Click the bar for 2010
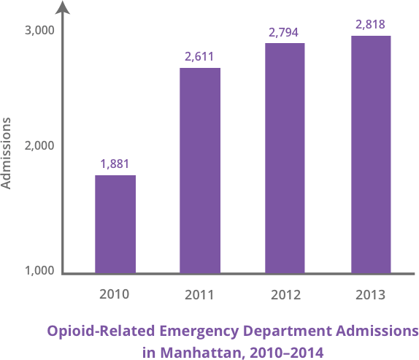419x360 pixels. click(x=115, y=224)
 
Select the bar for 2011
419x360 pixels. click(x=199, y=171)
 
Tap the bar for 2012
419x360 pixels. click(x=285, y=158)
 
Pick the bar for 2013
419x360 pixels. click(x=371, y=155)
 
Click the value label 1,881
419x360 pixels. click(x=115, y=164)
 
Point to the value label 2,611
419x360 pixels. click(x=199, y=56)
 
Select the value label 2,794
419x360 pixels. click(x=284, y=32)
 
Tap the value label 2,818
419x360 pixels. click(x=370, y=25)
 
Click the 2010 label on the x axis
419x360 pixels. click(x=115, y=294)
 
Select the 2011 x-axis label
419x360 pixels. click(x=199, y=295)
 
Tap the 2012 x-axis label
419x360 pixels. click(x=285, y=295)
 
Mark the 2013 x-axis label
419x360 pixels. click(x=371, y=295)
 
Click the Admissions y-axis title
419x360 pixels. click(x=7, y=152)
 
